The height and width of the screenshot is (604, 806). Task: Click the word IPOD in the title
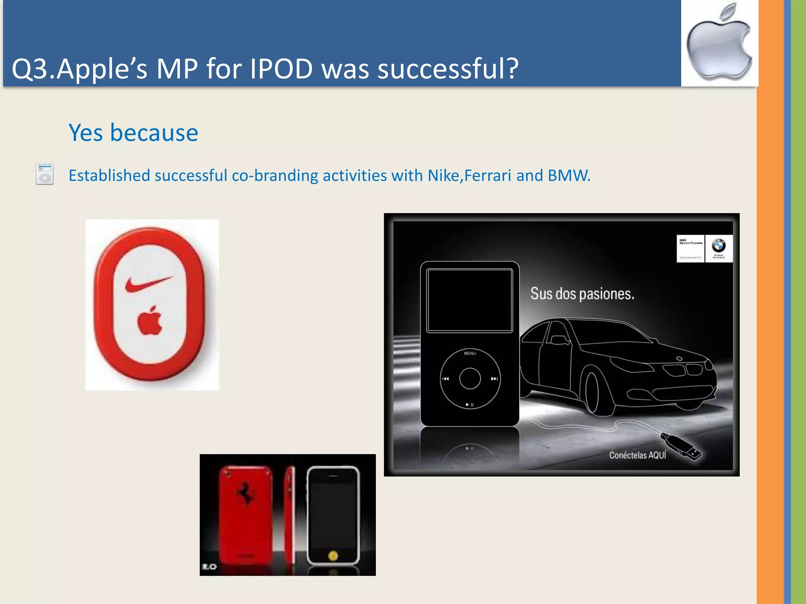pos(281,69)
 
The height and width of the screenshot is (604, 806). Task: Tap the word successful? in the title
pos(448,69)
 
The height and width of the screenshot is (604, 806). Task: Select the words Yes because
pos(133,133)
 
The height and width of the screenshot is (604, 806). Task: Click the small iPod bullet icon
pos(44,174)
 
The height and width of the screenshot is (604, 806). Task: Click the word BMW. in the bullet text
pos(569,176)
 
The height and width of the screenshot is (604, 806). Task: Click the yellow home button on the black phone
pos(333,556)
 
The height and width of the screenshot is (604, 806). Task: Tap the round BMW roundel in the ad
pos(719,246)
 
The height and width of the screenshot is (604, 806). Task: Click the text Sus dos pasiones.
pos(582,294)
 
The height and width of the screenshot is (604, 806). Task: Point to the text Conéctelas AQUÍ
pos(638,455)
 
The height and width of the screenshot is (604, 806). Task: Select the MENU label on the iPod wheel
pos(470,354)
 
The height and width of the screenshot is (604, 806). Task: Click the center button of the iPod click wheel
pos(470,379)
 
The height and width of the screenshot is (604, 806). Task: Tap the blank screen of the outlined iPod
pos(470,300)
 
